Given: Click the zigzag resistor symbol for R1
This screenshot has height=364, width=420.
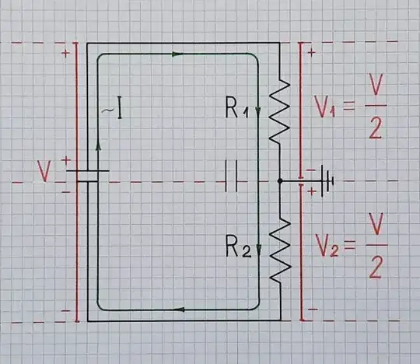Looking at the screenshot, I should coord(280,113).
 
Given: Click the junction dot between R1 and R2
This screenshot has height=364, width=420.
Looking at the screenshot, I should coord(280,181).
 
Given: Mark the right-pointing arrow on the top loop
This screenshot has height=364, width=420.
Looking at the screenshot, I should coord(177,54).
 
